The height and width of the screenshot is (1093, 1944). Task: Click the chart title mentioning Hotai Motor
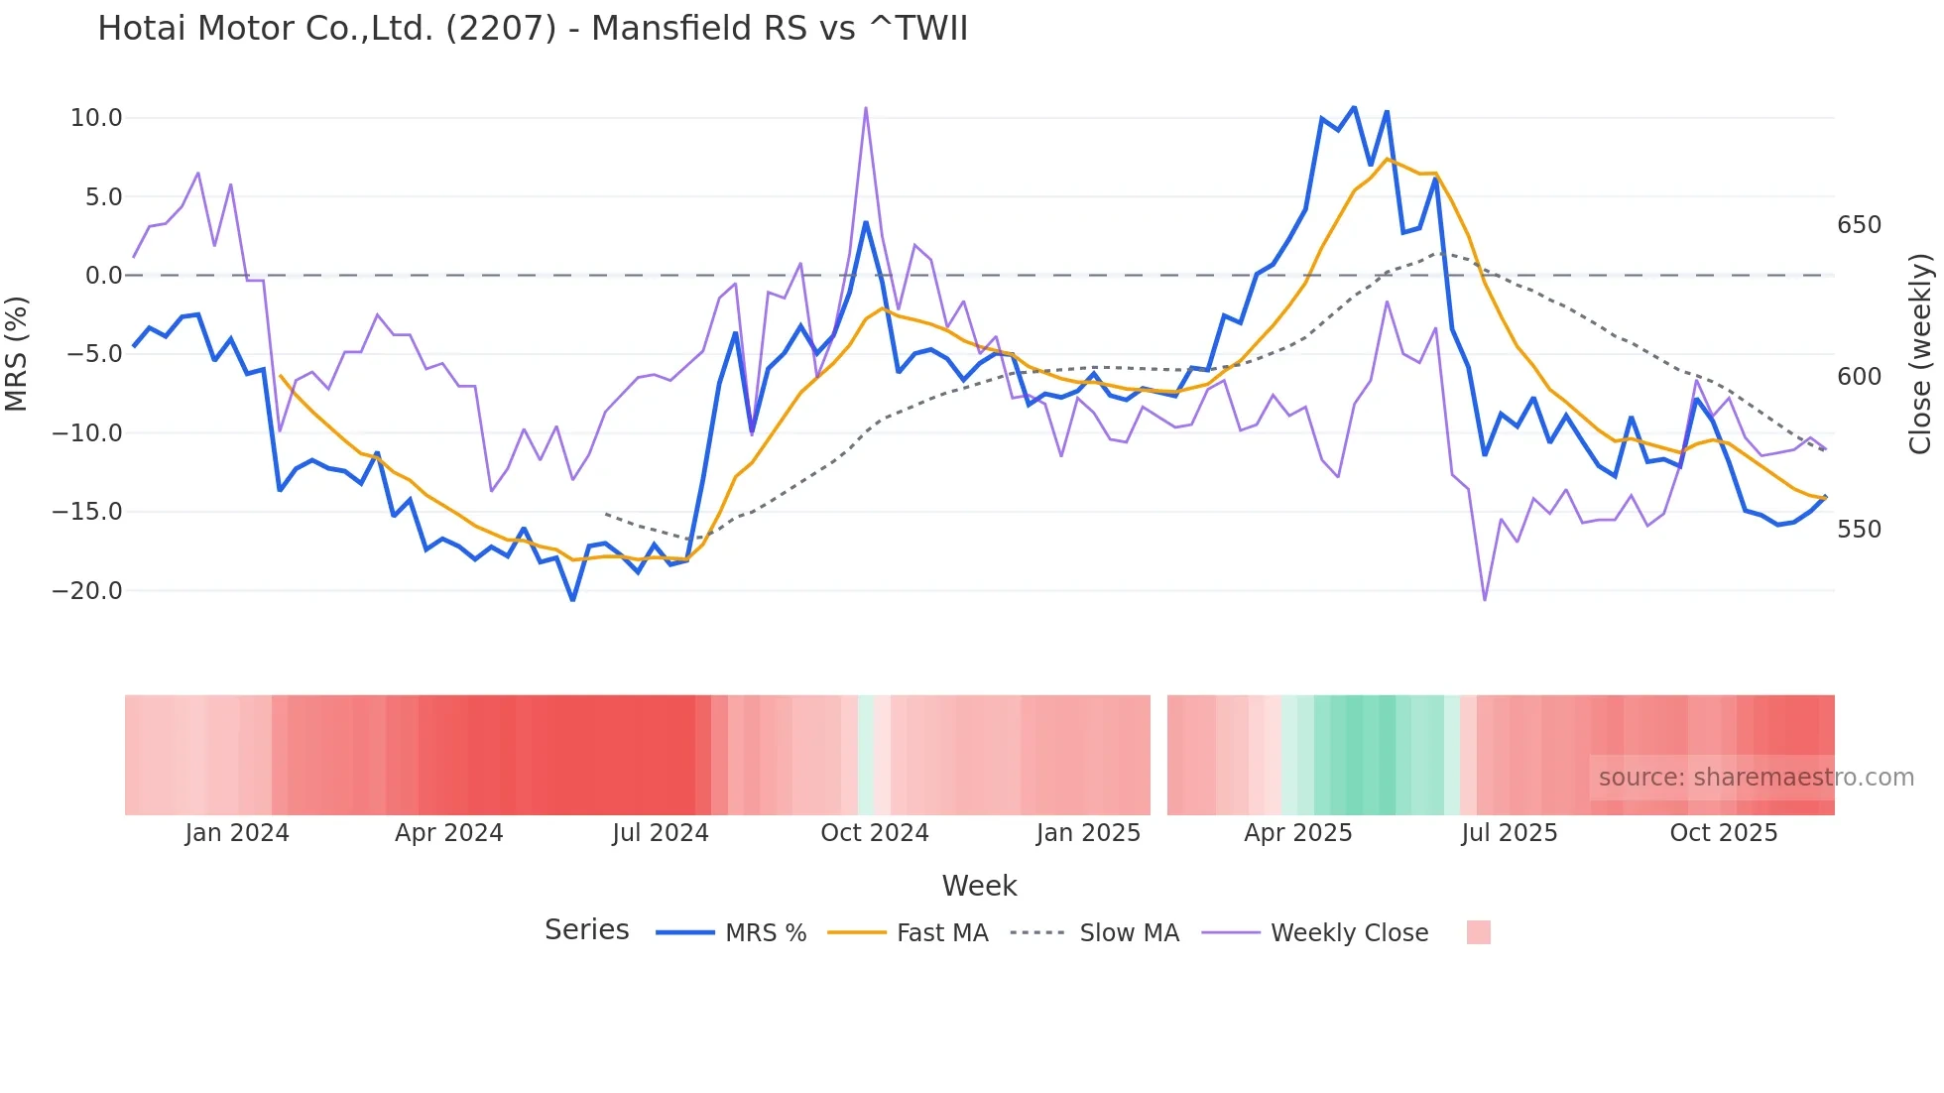coord(533,29)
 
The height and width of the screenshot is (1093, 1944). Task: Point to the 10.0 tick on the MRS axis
coord(96,118)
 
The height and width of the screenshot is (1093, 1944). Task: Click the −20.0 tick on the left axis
coord(88,591)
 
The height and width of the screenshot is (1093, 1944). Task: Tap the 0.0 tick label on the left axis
coord(104,276)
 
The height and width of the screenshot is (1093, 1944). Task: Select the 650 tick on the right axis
coord(1859,225)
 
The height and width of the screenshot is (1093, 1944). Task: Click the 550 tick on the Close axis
coord(1859,530)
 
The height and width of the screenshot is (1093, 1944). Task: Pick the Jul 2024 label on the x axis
coord(661,833)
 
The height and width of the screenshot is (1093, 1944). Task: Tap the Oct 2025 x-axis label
coord(1724,833)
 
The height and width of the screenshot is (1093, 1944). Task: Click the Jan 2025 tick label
coord(1088,833)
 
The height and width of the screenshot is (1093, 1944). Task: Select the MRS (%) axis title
coord(17,353)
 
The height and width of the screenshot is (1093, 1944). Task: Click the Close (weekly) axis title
coord(1920,354)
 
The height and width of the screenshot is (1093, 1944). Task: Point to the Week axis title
coord(979,886)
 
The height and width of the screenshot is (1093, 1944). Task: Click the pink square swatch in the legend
coord(1478,932)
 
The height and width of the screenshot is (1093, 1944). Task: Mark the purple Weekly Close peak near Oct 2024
coord(866,108)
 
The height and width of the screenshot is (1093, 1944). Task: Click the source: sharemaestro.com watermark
coord(1756,778)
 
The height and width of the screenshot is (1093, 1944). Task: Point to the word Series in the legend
coord(587,930)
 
